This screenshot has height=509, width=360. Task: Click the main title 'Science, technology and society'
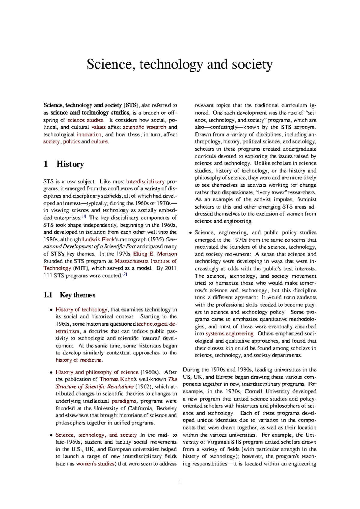tap(179, 65)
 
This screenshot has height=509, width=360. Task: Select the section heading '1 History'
tap(64, 164)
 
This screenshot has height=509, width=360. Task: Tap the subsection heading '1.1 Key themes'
tap(69, 295)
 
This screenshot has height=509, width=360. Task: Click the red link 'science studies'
tap(85, 120)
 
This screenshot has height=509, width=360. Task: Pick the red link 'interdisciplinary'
tap(145, 182)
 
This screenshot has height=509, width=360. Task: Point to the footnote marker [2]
tap(125, 274)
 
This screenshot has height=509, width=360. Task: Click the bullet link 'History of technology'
tap(81, 309)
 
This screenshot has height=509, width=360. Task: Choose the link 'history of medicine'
tap(79, 360)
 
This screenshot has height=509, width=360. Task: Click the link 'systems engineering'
tap(230, 334)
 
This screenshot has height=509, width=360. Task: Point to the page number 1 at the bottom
tap(180, 482)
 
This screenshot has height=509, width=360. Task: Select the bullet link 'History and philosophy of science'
tap(97, 372)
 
